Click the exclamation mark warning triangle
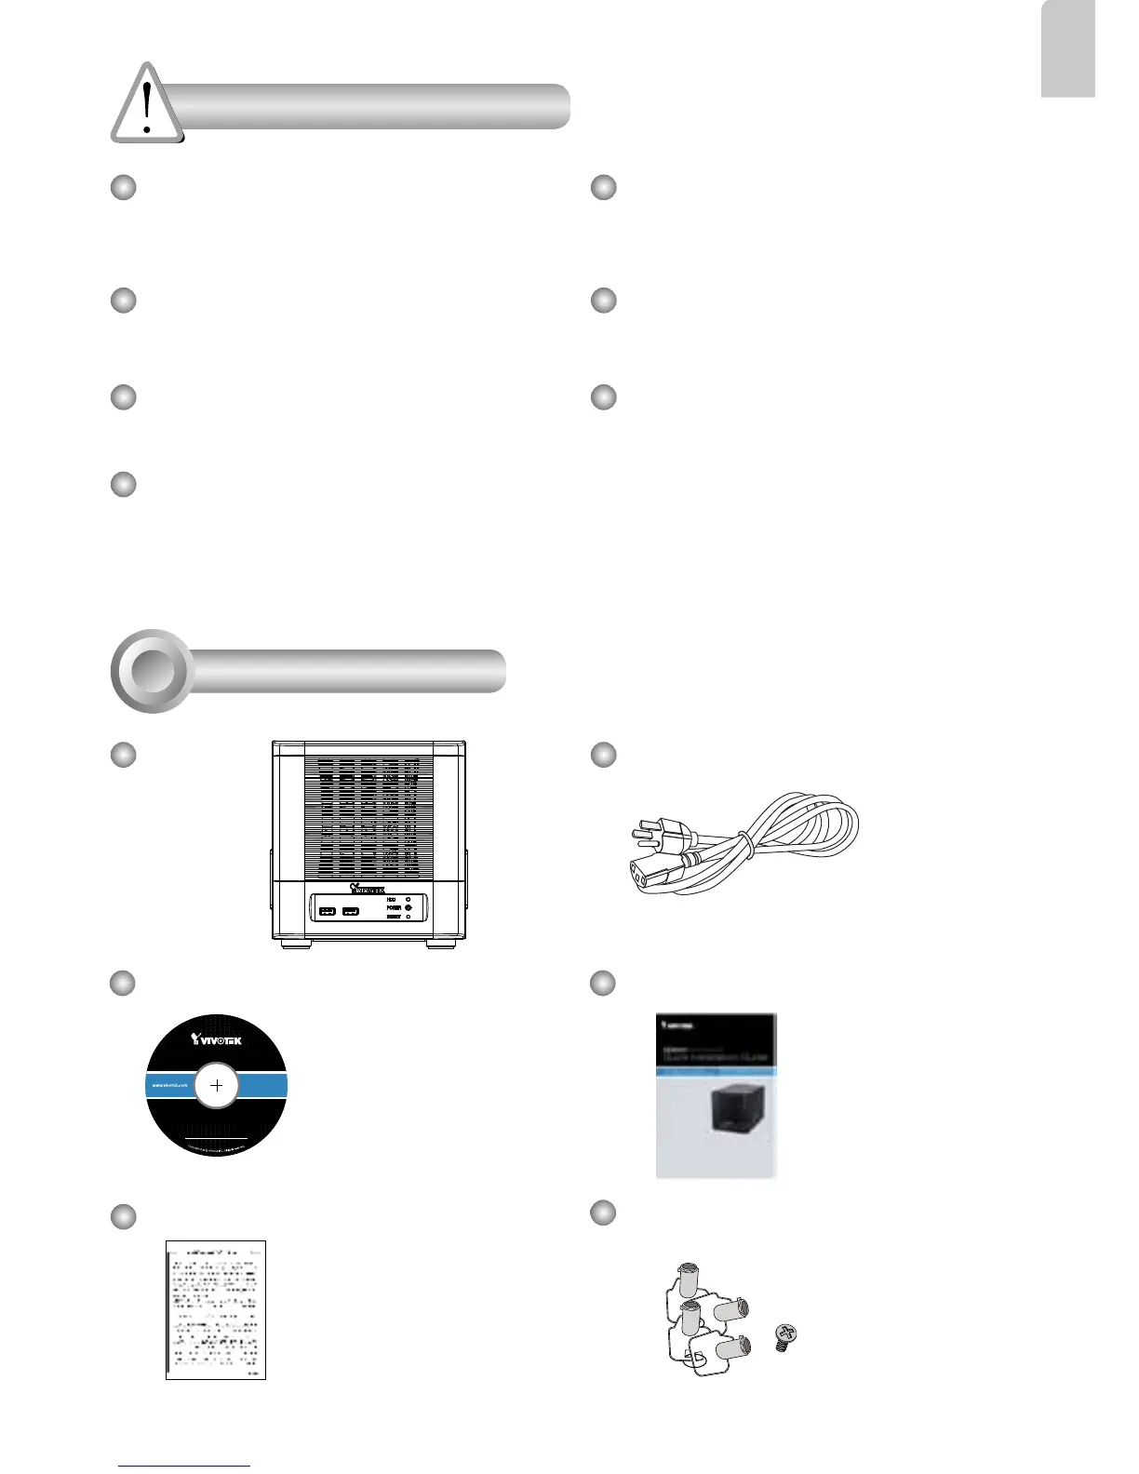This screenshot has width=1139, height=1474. coord(147,104)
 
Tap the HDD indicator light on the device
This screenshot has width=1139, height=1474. coord(409,900)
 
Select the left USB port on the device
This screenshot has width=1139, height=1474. coord(327,910)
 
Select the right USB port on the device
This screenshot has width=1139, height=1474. coord(350,910)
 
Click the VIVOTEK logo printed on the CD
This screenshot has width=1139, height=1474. coord(216,1039)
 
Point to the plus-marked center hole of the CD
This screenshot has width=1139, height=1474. coord(217,1085)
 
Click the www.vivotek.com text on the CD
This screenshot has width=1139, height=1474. coord(169,1085)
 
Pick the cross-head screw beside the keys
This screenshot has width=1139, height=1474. coord(784,1340)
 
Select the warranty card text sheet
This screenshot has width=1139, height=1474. coord(216,1309)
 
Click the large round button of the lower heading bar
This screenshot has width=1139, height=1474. coord(153,671)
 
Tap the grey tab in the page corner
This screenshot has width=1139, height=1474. coord(1067,48)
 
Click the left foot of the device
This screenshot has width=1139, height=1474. coord(297,944)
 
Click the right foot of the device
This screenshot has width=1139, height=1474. coord(441,944)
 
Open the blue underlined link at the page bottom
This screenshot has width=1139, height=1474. coord(184,1467)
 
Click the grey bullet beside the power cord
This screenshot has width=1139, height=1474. coord(604,755)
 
